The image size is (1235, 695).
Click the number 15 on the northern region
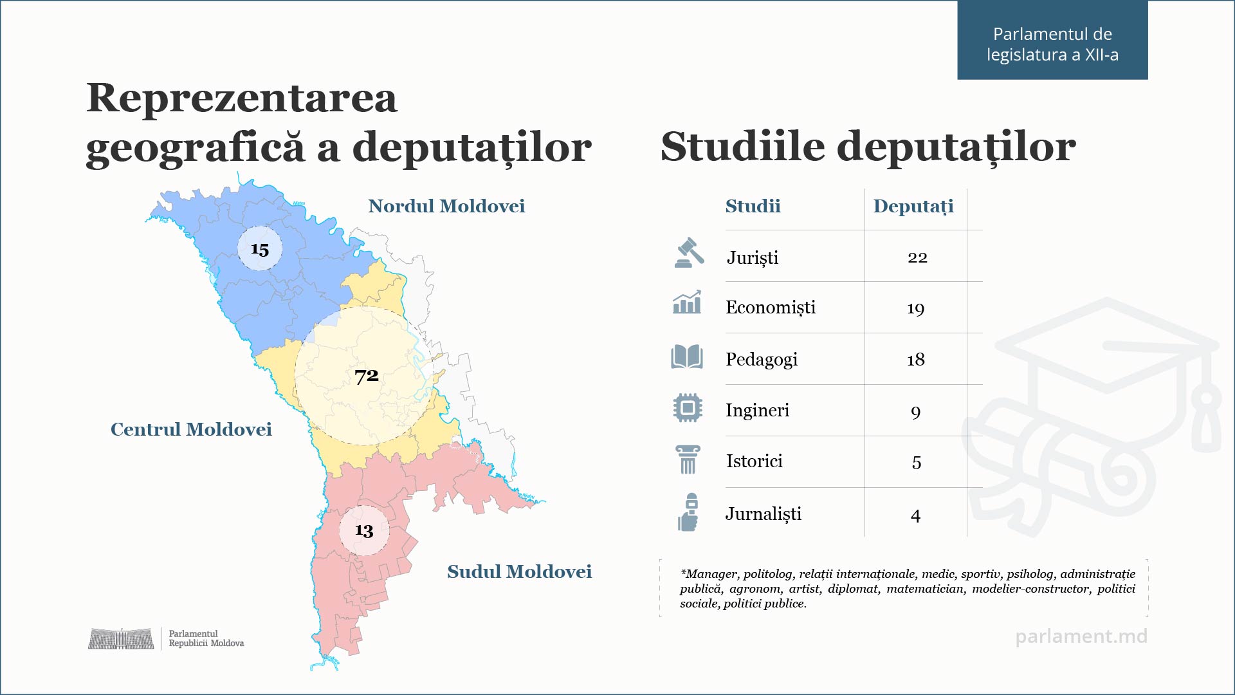(260, 249)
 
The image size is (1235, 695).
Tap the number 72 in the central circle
(367, 375)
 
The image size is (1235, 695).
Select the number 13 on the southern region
(364, 530)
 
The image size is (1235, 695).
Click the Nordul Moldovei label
(446, 206)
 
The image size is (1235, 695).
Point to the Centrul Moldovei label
(191, 429)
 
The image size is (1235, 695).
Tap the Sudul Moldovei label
(519, 571)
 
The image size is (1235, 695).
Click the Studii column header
(753, 206)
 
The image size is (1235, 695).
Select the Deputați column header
(913, 207)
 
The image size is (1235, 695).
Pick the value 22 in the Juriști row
(917, 257)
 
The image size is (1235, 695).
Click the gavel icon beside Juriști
(689, 253)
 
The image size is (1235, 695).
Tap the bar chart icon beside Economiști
(687, 302)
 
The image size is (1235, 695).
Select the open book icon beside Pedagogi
(687, 357)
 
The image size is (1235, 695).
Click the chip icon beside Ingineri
(688, 408)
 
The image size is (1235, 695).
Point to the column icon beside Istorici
(688, 459)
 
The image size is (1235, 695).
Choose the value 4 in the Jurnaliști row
(915, 515)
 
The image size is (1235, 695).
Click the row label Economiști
(770, 308)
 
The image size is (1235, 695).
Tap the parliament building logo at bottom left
(121, 638)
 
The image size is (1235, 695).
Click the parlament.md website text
(1081, 636)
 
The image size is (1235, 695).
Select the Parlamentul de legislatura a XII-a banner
(1052, 44)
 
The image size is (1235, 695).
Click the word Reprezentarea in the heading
(242, 98)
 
